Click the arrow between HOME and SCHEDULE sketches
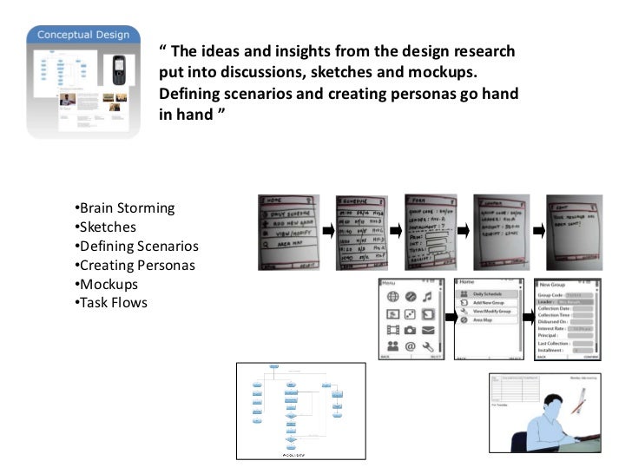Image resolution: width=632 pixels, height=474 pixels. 326,230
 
